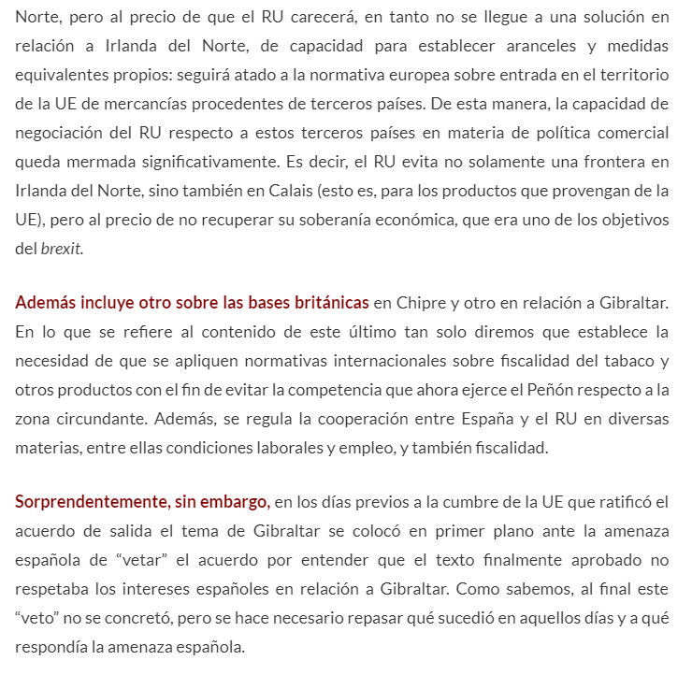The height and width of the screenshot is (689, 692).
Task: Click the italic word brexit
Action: click(61, 249)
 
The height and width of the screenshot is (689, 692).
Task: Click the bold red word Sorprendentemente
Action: click(92, 502)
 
